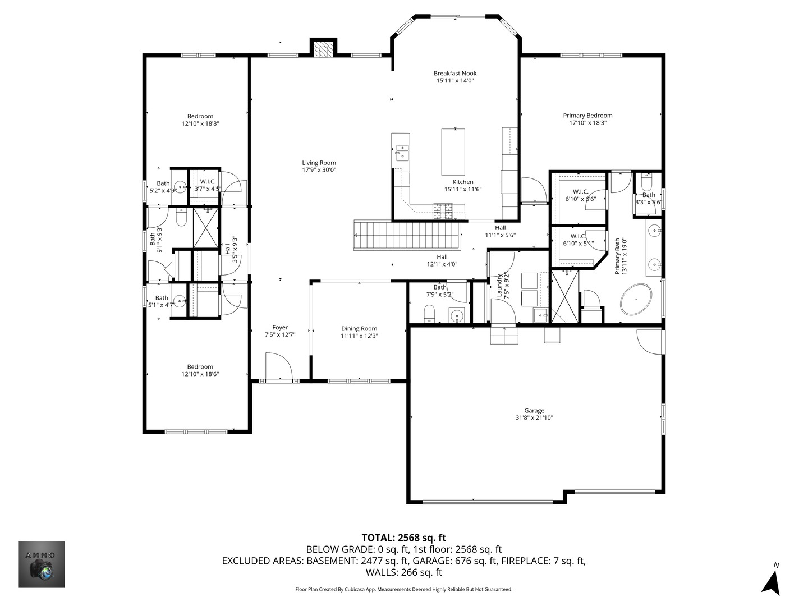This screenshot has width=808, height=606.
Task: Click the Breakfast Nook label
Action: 455,73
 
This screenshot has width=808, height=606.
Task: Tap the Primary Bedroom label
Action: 587,116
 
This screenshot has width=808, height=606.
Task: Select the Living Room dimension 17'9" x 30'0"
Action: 319,170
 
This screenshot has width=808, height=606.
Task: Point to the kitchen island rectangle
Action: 453,152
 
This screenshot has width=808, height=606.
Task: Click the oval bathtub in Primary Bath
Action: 636,299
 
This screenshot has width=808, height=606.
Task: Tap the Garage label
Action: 534,410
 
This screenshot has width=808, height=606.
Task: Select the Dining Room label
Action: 359,329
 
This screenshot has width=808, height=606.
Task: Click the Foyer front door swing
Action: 279,366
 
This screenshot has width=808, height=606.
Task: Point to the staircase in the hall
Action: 407,235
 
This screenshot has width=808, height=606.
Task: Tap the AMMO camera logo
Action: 41,564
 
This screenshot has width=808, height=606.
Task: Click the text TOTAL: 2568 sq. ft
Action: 404,538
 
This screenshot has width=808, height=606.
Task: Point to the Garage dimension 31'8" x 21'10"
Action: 534,417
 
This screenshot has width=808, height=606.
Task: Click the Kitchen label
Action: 463,182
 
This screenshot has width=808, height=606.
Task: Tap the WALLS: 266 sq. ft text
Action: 404,572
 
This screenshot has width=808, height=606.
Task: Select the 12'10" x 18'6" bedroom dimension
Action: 200,374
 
